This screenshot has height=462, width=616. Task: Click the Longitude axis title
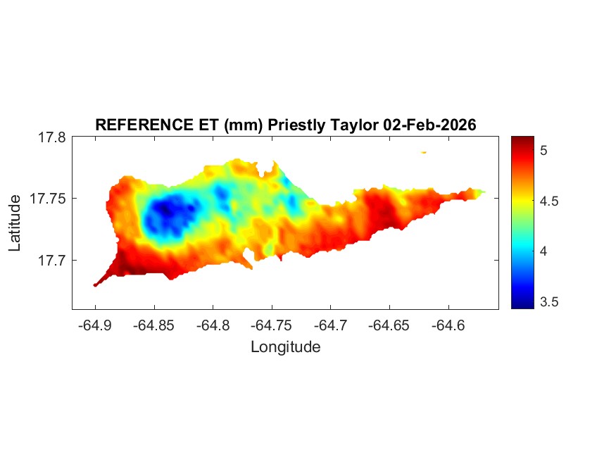[x=285, y=346]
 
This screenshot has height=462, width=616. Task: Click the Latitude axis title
[x=15, y=223]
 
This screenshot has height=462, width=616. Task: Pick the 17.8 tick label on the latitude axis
[x=52, y=137]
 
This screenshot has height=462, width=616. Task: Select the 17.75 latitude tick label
[x=49, y=199]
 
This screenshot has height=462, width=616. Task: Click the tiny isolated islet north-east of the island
[x=424, y=152]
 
